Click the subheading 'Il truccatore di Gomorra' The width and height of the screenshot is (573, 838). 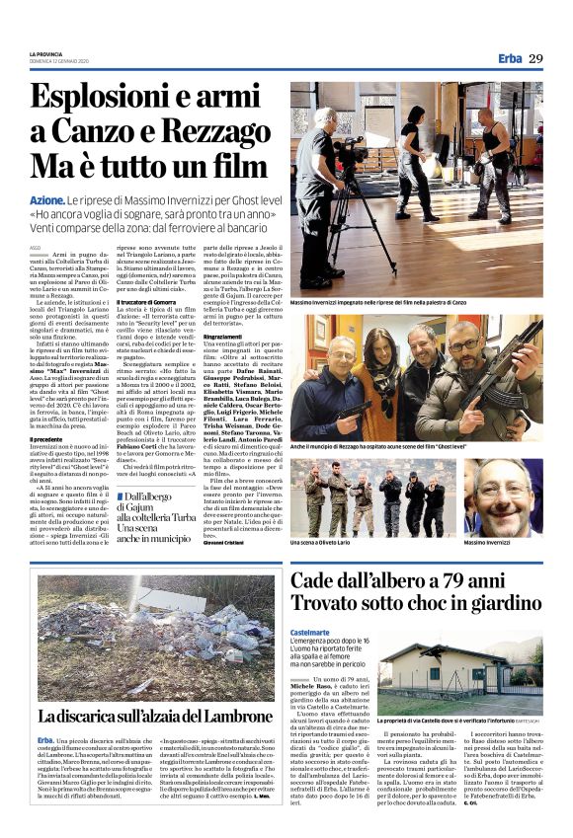[148, 301]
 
